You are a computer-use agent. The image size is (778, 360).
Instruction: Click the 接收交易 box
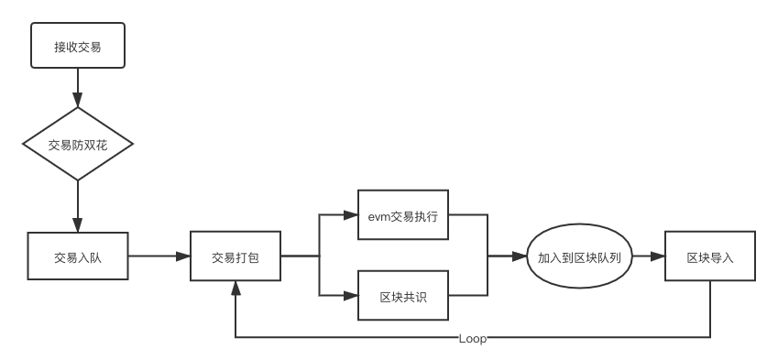click(x=78, y=46)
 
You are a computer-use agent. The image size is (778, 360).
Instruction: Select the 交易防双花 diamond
click(x=78, y=145)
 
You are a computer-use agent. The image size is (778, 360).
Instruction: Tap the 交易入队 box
click(x=78, y=257)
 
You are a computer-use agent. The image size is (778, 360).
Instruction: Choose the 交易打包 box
click(x=236, y=257)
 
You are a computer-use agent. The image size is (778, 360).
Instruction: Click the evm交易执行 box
click(x=403, y=217)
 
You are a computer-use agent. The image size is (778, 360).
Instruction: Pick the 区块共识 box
click(x=403, y=296)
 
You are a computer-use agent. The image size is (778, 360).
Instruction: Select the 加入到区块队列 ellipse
click(x=580, y=257)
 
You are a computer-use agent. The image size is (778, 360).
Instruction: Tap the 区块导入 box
click(x=711, y=257)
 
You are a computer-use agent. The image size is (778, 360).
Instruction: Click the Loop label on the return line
click(x=473, y=339)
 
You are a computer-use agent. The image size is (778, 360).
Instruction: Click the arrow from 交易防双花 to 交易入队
click(x=78, y=206)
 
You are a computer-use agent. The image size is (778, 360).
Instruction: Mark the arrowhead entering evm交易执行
click(x=351, y=217)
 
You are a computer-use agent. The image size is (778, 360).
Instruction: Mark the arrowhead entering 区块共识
click(x=351, y=296)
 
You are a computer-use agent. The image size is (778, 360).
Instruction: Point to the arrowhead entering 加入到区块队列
click(x=521, y=257)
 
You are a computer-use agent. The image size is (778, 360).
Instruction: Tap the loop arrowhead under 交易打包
click(x=236, y=287)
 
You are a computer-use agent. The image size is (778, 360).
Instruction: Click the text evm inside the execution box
click(x=378, y=217)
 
